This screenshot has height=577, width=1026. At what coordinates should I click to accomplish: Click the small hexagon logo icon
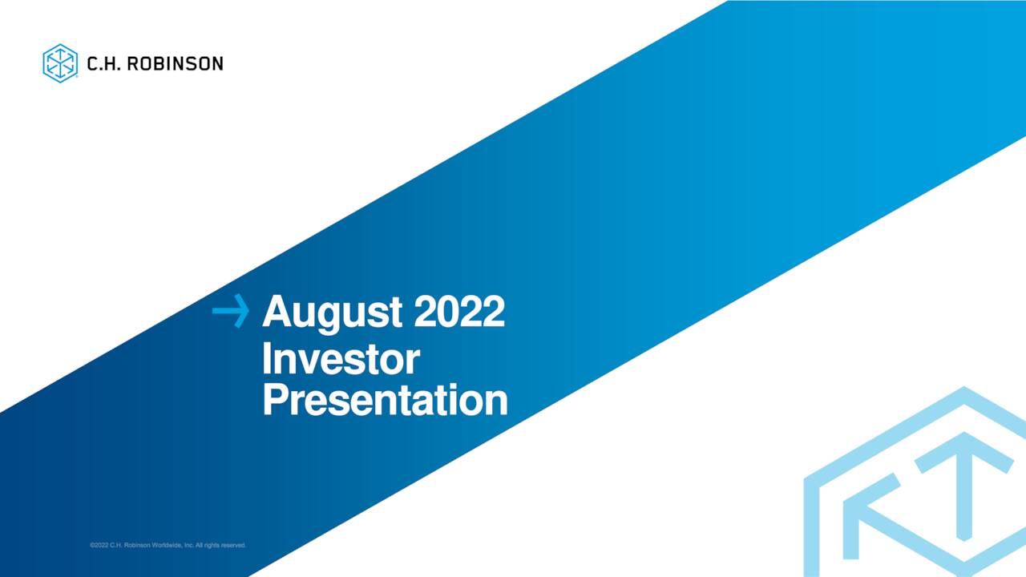click(x=59, y=63)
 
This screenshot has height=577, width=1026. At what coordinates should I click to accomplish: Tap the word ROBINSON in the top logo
click(x=176, y=63)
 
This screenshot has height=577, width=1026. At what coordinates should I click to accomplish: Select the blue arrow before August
click(x=231, y=311)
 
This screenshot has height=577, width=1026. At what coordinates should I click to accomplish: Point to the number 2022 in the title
click(x=459, y=311)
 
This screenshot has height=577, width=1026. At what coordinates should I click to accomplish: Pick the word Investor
click(x=340, y=360)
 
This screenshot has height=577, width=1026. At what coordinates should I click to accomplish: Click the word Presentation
click(x=385, y=400)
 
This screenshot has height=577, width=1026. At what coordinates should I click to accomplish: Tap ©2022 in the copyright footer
click(x=99, y=546)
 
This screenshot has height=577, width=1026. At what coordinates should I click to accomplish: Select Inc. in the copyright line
click(x=189, y=546)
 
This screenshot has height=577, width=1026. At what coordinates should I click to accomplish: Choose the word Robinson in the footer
click(x=137, y=546)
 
